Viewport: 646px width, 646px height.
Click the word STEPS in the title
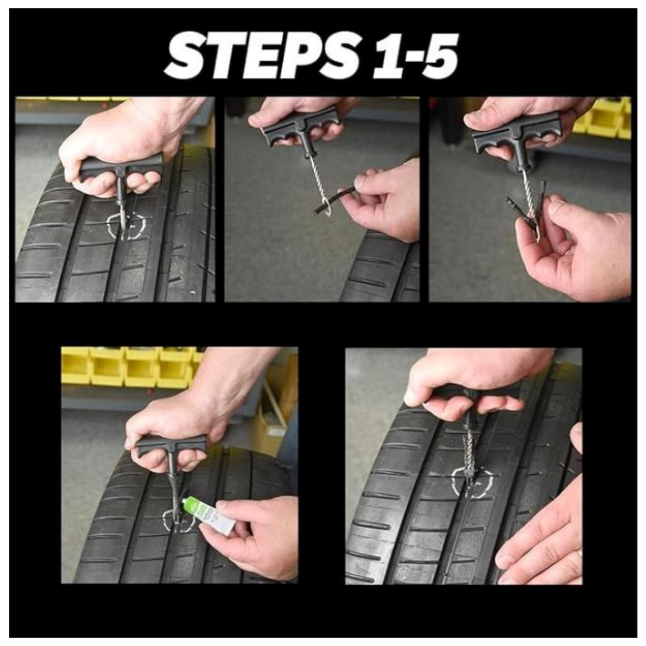pos(262,56)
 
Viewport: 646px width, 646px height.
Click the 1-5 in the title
pos(416,56)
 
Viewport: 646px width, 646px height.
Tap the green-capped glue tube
pos(208,516)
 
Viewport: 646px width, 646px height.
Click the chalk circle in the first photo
pos(126,226)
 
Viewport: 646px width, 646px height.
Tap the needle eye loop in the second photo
pos(326,206)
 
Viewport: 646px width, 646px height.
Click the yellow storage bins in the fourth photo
pos(132,367)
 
